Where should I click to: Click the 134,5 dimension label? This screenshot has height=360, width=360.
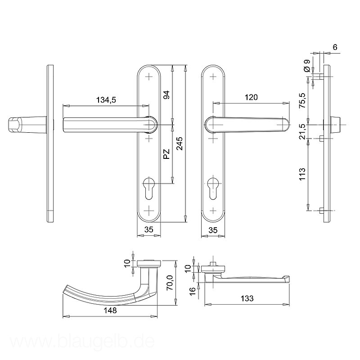coord(106,100)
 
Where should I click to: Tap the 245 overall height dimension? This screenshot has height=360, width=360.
coord(180,144)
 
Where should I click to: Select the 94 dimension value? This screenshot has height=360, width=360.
coord(166,95)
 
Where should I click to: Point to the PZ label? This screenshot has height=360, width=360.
coord(166,154)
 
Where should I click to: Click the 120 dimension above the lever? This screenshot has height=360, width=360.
coord(251,97)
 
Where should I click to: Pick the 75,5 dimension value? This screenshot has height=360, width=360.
coord(302,100)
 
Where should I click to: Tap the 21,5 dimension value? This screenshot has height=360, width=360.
coord(302,131)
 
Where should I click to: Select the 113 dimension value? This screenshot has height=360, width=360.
coord(302,174)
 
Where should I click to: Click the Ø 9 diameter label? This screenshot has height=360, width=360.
coord(307,66)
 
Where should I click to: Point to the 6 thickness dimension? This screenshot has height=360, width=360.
coord(335,47)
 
